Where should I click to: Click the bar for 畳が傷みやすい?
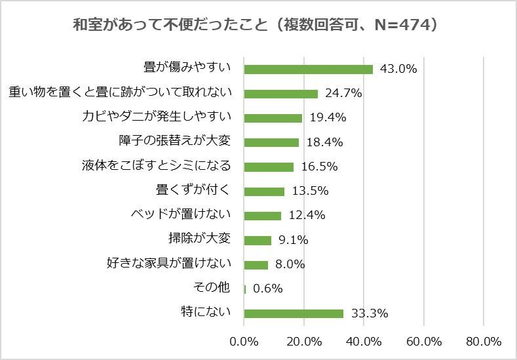tap(308, 69)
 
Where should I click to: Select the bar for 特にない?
tap(294, 313)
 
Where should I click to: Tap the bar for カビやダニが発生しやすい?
tap(273, 118)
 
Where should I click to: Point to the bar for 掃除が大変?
tap(258, 240)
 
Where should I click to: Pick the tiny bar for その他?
tap(245, 289)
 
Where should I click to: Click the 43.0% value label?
tap(398, 69)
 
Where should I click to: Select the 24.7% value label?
tap(344, 93)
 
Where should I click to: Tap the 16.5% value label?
tap(319, 167)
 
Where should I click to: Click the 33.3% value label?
tap(370, 313)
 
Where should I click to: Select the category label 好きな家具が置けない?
tap(169, 264)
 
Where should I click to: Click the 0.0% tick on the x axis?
tap(244, 342)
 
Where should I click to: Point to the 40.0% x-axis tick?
tap(364, 342)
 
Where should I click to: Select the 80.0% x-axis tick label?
tap(484, 342)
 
